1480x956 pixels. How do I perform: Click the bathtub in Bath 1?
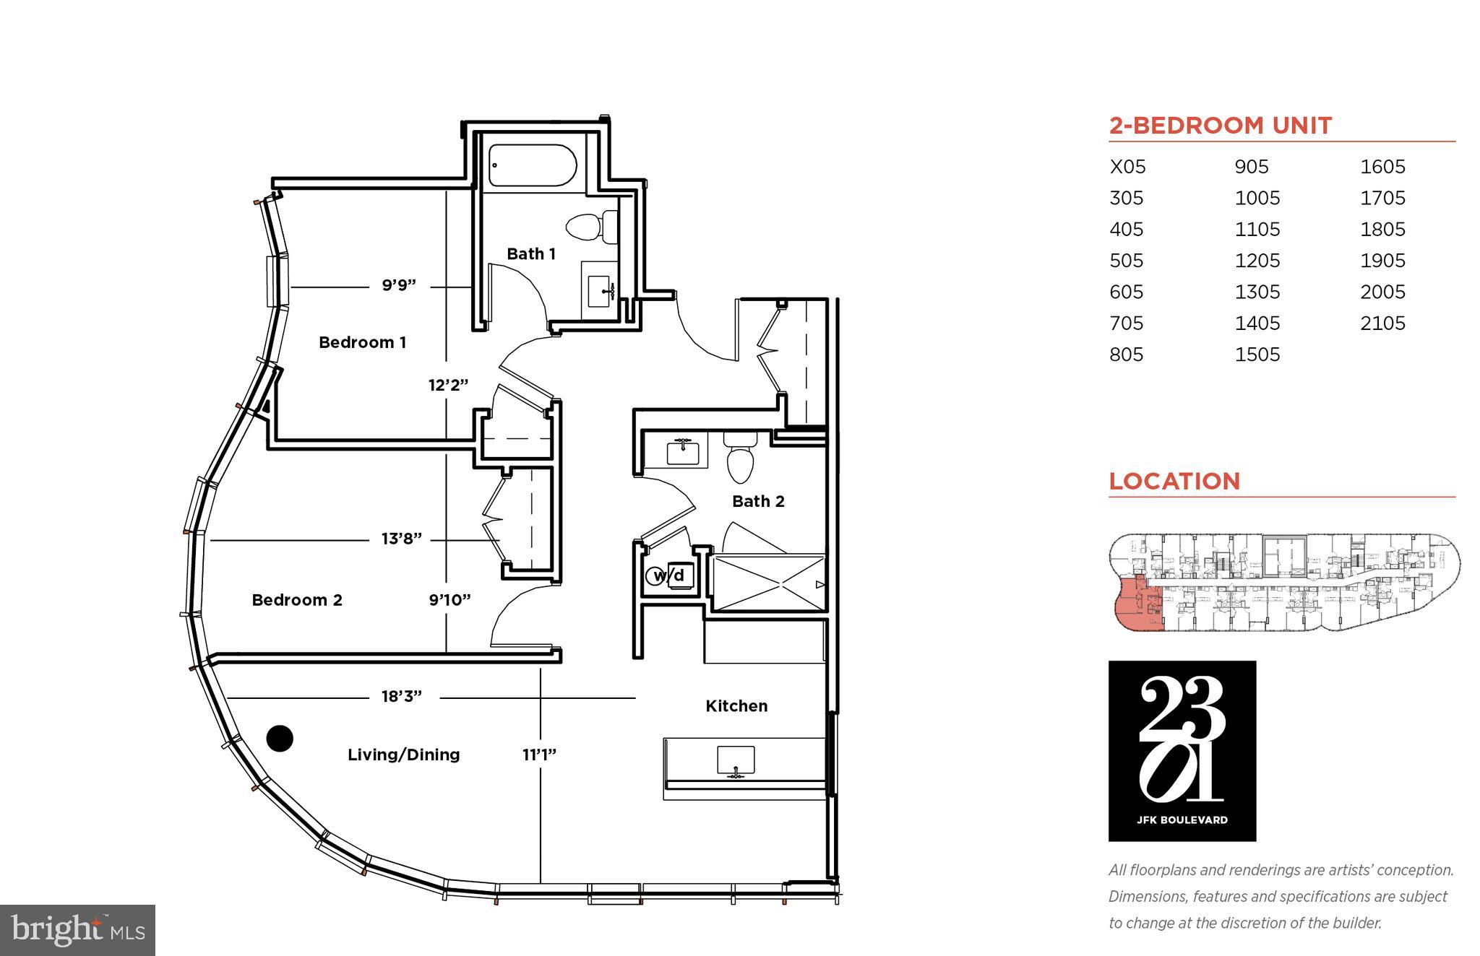[532, 165]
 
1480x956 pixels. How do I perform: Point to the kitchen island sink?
[736, 761]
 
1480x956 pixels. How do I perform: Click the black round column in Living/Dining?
[280, 738]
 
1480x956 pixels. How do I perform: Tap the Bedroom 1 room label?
[362, 342]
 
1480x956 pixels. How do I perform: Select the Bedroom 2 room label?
[296, 600]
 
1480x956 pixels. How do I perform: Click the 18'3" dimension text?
[401, 697]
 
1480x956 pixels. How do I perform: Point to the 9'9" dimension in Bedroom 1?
[399, 286]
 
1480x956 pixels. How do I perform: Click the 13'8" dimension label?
[401, 539]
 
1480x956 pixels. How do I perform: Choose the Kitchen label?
[736, 706]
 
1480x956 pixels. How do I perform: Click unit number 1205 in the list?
[1257, 261]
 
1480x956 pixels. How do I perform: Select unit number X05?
[1127, 167]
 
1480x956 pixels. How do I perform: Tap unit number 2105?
[1382, 323]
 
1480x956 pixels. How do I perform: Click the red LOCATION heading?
[1174, 481]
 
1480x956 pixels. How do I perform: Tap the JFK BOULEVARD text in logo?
[1182, 820]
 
